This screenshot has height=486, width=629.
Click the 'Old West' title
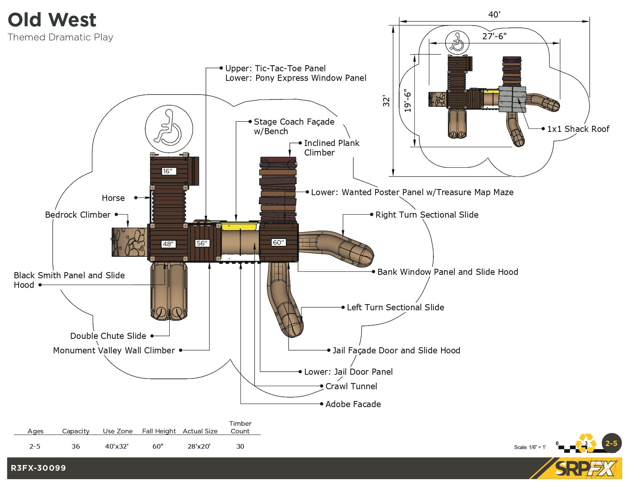pyautogui.click(x=52, y=20)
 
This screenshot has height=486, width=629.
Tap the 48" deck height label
pyautogui.click(x=168, y=244)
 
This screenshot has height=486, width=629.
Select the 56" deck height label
pyautogui.click(x=202, y=243)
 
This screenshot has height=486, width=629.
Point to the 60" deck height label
pyautogui.click(x=279, y=242)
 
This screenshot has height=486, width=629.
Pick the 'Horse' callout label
pyautogui.click(x=113, y=198)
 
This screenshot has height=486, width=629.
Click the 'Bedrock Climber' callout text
pyautogui.click(x=78, y=215)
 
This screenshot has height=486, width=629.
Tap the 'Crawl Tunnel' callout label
pyautogui.click(x=351, y=386)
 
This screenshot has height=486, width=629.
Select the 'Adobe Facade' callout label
pyautogui.click(x=353, y=404)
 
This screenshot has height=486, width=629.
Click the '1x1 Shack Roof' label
pyautogui.click(x=578, y=129)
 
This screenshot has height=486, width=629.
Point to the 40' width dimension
pyautogui.click(x=494, y=14)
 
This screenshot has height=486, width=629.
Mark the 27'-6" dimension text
pyautogui.click(x=494, y=36)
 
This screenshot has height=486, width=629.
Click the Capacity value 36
pyautogui.click(x=76, y=446)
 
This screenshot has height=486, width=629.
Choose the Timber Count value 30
pyautogui.click(x=240, y=446)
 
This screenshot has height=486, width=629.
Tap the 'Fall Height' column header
pyautogui.click(x=159, y=431)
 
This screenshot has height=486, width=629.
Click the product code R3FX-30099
pyautogui.click(x=39, y=468)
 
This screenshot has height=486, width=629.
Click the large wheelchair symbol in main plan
pyautogui.click(x=169, y=128)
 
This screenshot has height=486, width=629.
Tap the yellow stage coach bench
pyautogui.click(x=239, y=227)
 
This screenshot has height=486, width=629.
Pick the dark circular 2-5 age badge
pyautogui.click(x=611, y=443)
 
